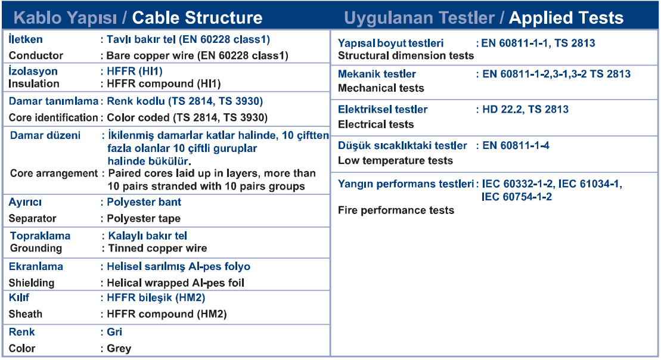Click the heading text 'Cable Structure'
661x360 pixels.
[197, 18]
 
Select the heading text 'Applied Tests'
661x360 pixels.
[566, 18]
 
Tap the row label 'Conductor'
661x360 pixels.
[36, 55]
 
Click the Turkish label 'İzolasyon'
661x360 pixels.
[33, 71]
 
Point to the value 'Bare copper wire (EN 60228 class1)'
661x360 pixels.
[197, 55]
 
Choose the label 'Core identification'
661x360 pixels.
[53, 117]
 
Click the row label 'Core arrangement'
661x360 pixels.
[54, 173]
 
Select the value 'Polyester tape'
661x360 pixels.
[144, 218]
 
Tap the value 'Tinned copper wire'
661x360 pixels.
[158, 249]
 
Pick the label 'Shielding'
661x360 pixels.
[32, 283]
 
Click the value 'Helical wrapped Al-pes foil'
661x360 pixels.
[176, 283]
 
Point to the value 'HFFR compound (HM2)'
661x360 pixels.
[167, 314]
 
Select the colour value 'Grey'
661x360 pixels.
[119, 349]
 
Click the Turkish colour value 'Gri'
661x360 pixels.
[114, 332]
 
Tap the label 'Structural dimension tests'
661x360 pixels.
[406, 55]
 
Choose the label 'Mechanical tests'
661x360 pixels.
[381, 88]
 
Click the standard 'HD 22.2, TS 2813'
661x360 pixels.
[526, 110]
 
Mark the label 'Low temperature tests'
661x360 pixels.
[395, 160]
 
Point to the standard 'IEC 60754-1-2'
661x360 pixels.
[517, 197]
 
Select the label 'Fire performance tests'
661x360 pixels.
[396, 210]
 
